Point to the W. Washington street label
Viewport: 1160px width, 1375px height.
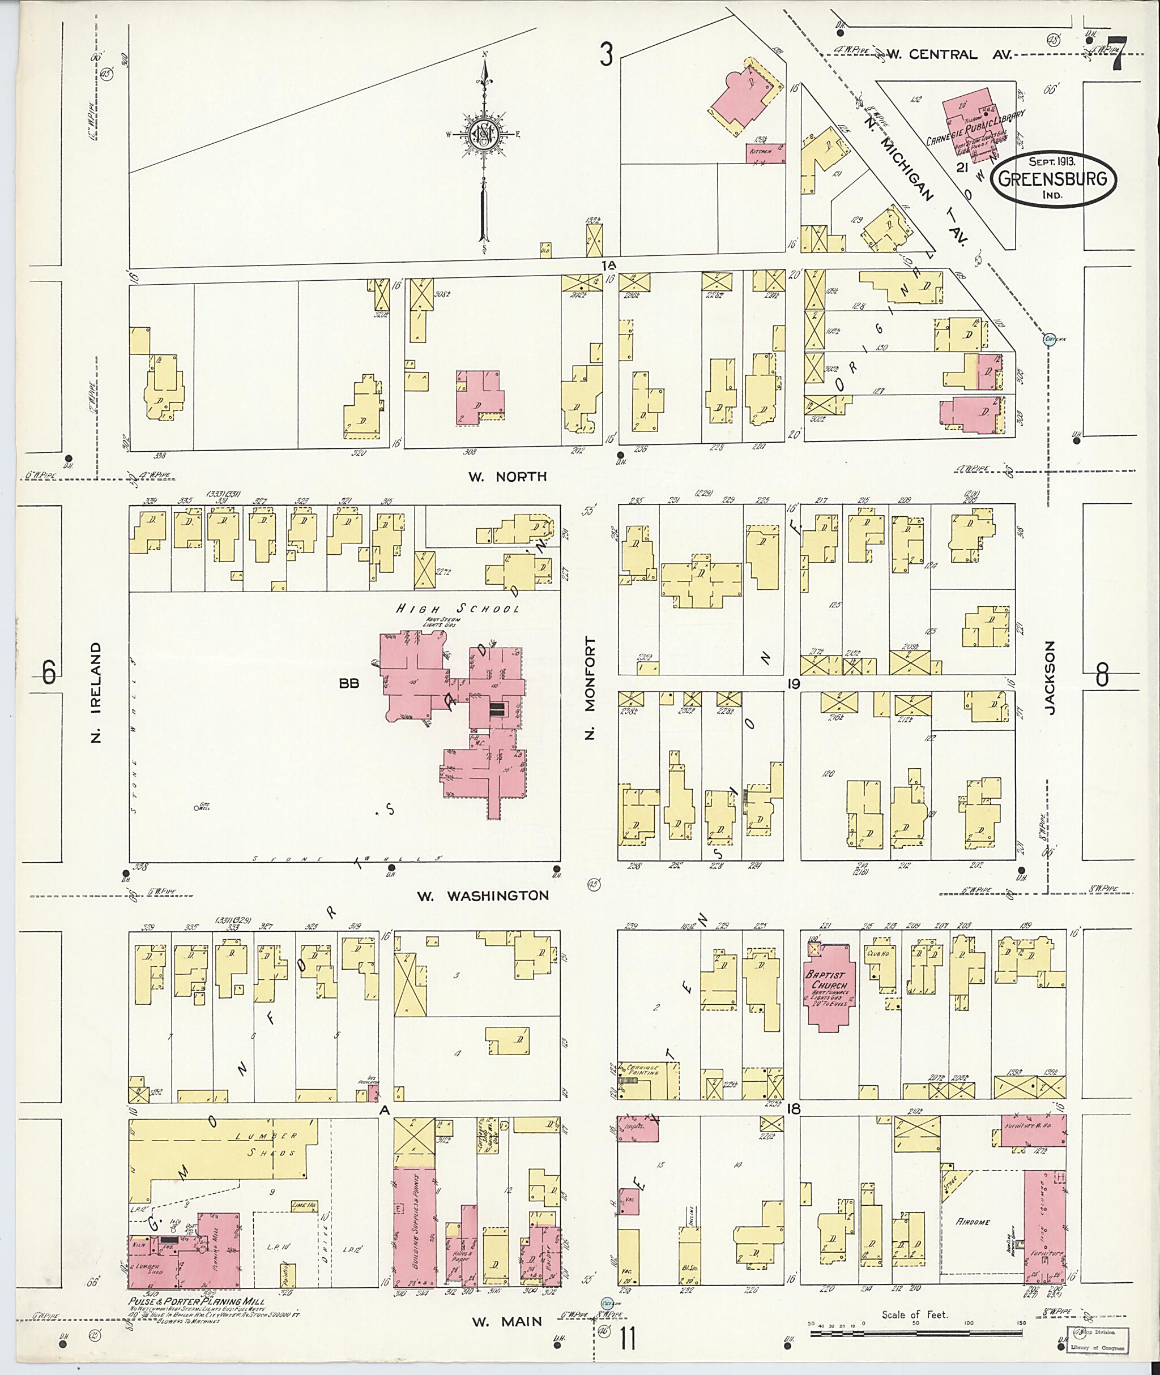(x=483, y=895)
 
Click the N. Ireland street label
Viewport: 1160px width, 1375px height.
(x=97, y=692)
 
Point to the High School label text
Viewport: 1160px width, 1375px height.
(x=457, y=609)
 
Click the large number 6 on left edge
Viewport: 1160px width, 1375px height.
(x=49, y=672)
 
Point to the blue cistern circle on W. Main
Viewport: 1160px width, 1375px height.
(x=607, y=1302)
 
